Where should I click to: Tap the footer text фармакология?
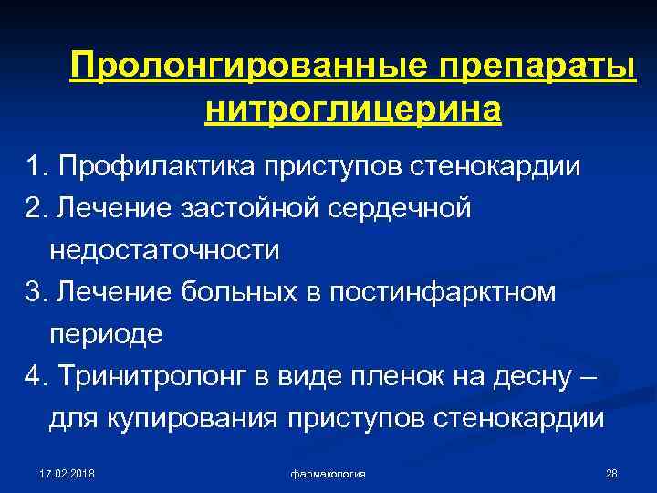[328, 474]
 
